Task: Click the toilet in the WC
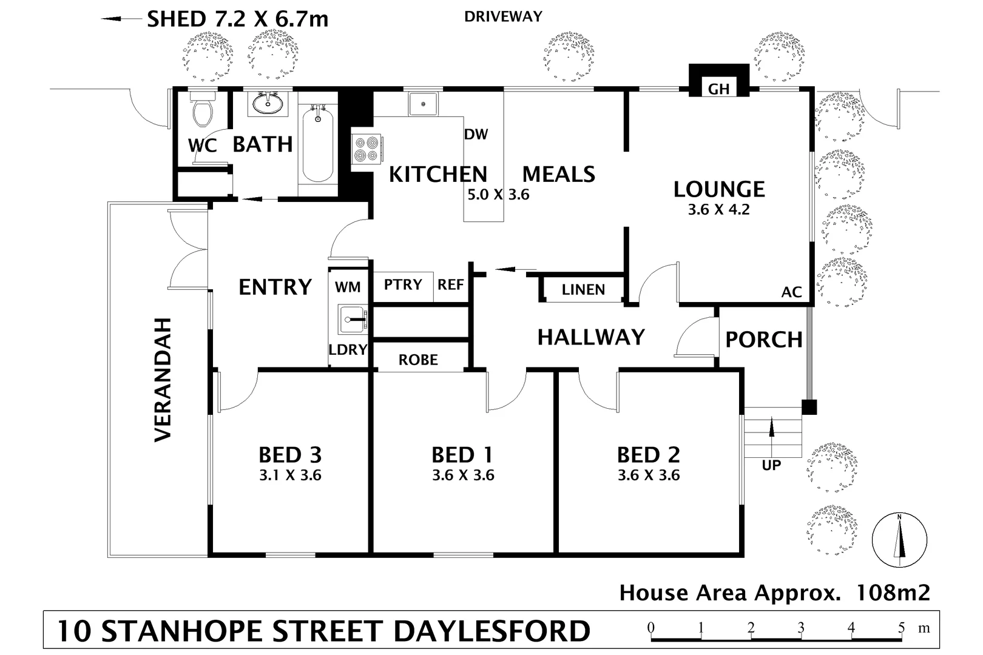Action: tap(201, 110)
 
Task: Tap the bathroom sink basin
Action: tap(268, 104)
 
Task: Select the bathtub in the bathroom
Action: tap(317, 144)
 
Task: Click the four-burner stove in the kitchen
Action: tap(367, 149)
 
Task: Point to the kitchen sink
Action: tap(423, 104)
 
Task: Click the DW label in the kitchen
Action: tap(476, 135)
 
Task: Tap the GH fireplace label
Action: tap(719, 89)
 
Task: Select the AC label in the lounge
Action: tap(791, 292)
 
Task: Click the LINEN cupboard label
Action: tap(583, 290)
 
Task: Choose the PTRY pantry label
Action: tap(403, 284)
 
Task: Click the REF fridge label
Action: tap(451, 284)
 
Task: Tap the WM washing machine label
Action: tap(348, 287)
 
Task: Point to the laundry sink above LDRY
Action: tap(352, 319)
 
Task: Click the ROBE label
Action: tap(418, 360)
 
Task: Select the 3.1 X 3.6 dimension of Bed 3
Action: tap(290, 475)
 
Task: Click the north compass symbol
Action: tap(899, 540)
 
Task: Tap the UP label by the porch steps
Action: tap(771, 466)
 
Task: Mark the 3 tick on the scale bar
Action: tap(801, 628)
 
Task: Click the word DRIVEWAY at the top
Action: tap(503, 17)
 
